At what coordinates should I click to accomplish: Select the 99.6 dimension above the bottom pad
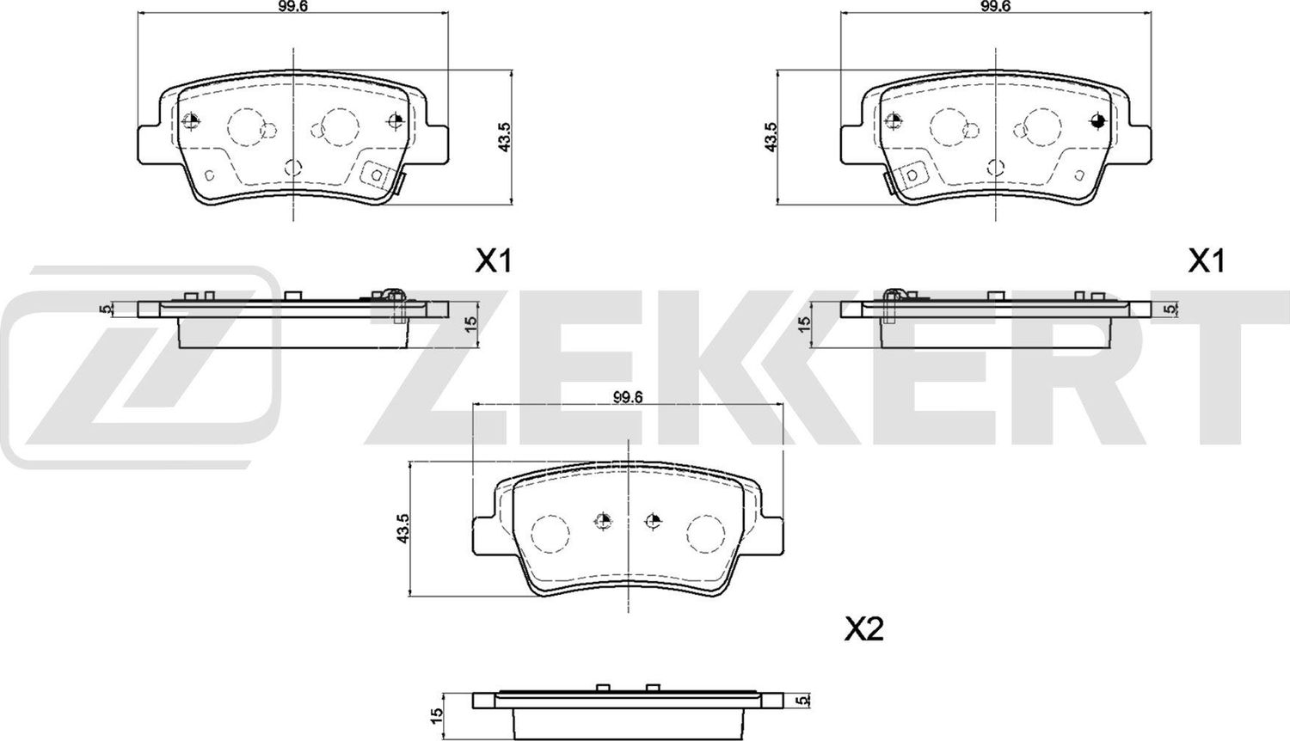click(629, 396)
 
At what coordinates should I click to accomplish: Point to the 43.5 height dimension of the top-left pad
click(505, 137)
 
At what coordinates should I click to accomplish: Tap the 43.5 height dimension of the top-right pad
click(771, 137)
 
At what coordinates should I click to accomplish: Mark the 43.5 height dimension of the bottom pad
click(401, 527)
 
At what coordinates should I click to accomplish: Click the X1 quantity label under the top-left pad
click(494, 261)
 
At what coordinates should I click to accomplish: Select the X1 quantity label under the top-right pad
click(1206, 261)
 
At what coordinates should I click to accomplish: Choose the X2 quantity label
click(863, 631)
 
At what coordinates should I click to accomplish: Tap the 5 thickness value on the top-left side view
click(106, 309)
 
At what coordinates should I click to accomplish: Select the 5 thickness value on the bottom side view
click(802, 701)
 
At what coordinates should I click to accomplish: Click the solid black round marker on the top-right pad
click(1096, 120)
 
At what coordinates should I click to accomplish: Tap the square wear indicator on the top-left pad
click(375, 175)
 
